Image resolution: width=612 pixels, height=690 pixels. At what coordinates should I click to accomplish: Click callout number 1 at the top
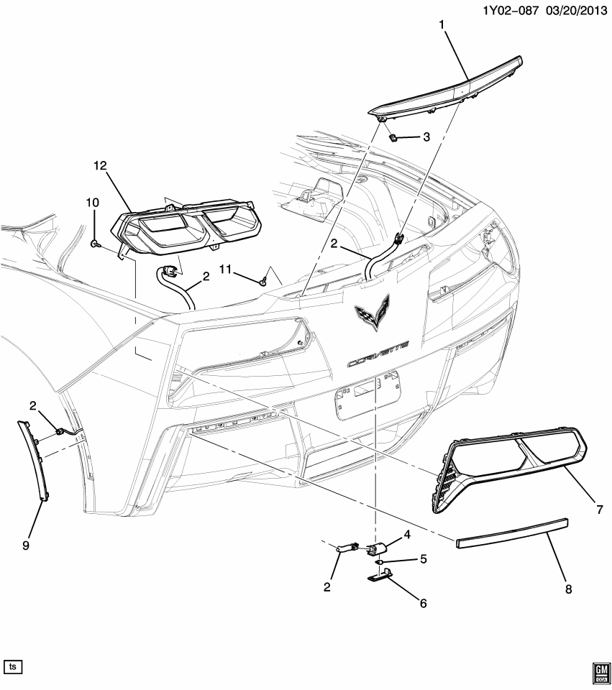tap(442, 25)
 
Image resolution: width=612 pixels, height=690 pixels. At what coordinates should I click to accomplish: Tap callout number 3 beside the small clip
tap(426, 137)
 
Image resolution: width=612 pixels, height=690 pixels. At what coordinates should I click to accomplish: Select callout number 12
tap(99, 166)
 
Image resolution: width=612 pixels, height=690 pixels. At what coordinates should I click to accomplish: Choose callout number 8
tap(568, 589)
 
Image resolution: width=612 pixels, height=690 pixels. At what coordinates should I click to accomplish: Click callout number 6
tap(423, 603)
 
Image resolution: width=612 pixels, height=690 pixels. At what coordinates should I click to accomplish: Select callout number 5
tap(423, 558)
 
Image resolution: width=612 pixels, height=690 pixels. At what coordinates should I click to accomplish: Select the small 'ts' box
tap(12, 666)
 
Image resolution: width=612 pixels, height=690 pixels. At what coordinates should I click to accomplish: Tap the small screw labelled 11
tap(265, 281)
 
